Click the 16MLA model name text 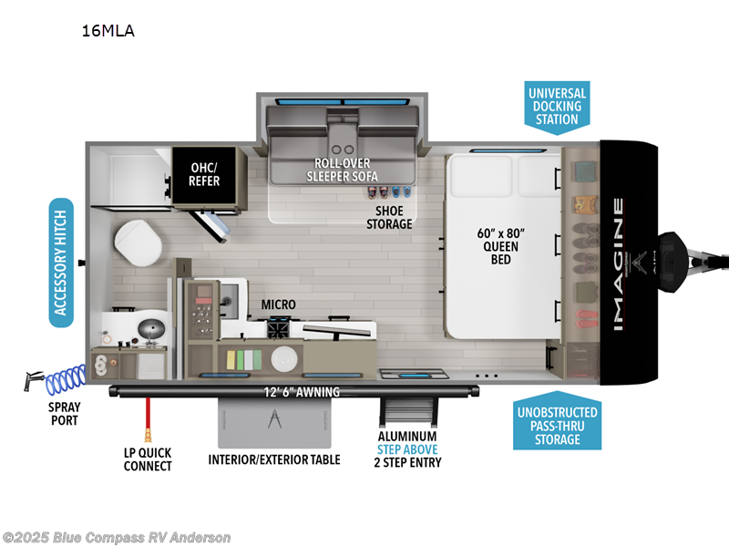[x=108, y=31]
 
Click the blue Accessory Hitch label [x=61, y=263]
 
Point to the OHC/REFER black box [x=210, y=173]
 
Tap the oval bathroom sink [x=141, y=325]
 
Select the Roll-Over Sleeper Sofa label [x=344, y=170]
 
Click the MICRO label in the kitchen [x=278, y=304]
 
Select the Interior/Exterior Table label [x=274, y=459]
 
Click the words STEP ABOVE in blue [x=408, y=449]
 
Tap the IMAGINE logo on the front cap [x=619, y=263]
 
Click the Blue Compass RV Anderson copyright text [x=117, y=537]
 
